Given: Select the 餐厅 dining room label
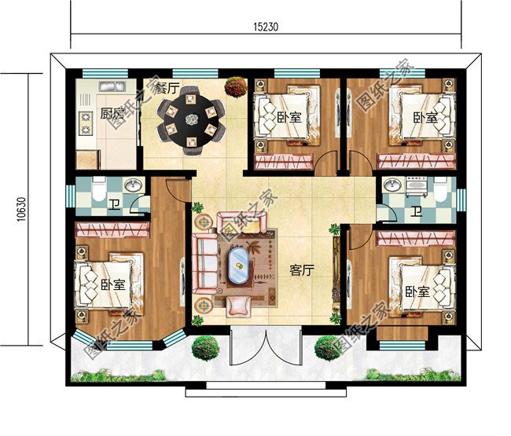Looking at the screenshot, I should tap(167, 87).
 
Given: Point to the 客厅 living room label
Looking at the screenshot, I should tap(302, 271).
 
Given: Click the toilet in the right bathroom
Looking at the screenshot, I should tap(442, 191).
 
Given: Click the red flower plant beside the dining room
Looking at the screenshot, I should tap(234, 86).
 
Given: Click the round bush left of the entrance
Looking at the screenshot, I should tap(205, 347).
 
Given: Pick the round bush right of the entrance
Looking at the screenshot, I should tap(326, 347).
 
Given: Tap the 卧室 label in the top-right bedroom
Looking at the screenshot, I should tap(425, 118).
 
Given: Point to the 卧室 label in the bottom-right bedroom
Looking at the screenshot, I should tap(418, 291).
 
